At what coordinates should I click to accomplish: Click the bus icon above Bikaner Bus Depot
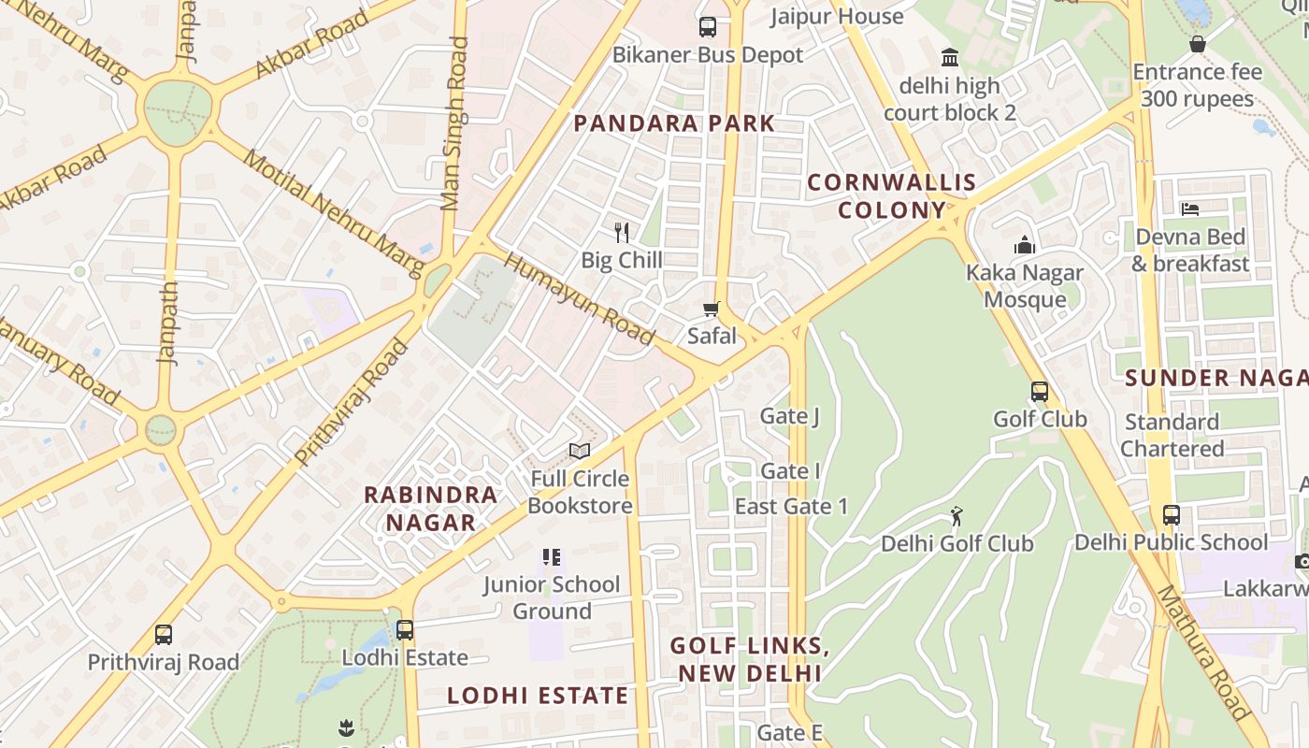pos(708,27)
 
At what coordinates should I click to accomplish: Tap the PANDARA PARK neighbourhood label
pos(674,123)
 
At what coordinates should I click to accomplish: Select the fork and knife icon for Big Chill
pos(622,232)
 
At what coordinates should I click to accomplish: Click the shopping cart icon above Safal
pos(712,309)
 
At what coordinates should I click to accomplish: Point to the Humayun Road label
pos(580,298)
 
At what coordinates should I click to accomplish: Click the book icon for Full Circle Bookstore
pos(580,452)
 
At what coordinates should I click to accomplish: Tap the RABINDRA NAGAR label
pos(431,509)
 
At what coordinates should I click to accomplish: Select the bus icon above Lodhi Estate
pos(405,630)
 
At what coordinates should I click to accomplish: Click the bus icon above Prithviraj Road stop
pos(164,635)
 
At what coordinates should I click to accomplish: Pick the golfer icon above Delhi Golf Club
pos(956,516)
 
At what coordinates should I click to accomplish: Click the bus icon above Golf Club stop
pos(1040,392)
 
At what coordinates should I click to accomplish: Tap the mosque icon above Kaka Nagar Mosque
pos(1025,246)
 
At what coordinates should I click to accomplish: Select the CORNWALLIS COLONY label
pos(891,196)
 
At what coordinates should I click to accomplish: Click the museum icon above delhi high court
pos(950,58)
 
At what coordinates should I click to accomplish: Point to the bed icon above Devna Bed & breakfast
pos(1189,209)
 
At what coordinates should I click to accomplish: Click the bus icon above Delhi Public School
pos(1172,514)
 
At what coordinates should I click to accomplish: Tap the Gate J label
pos(790,416)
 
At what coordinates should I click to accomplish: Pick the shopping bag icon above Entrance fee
pos(1198,44)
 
